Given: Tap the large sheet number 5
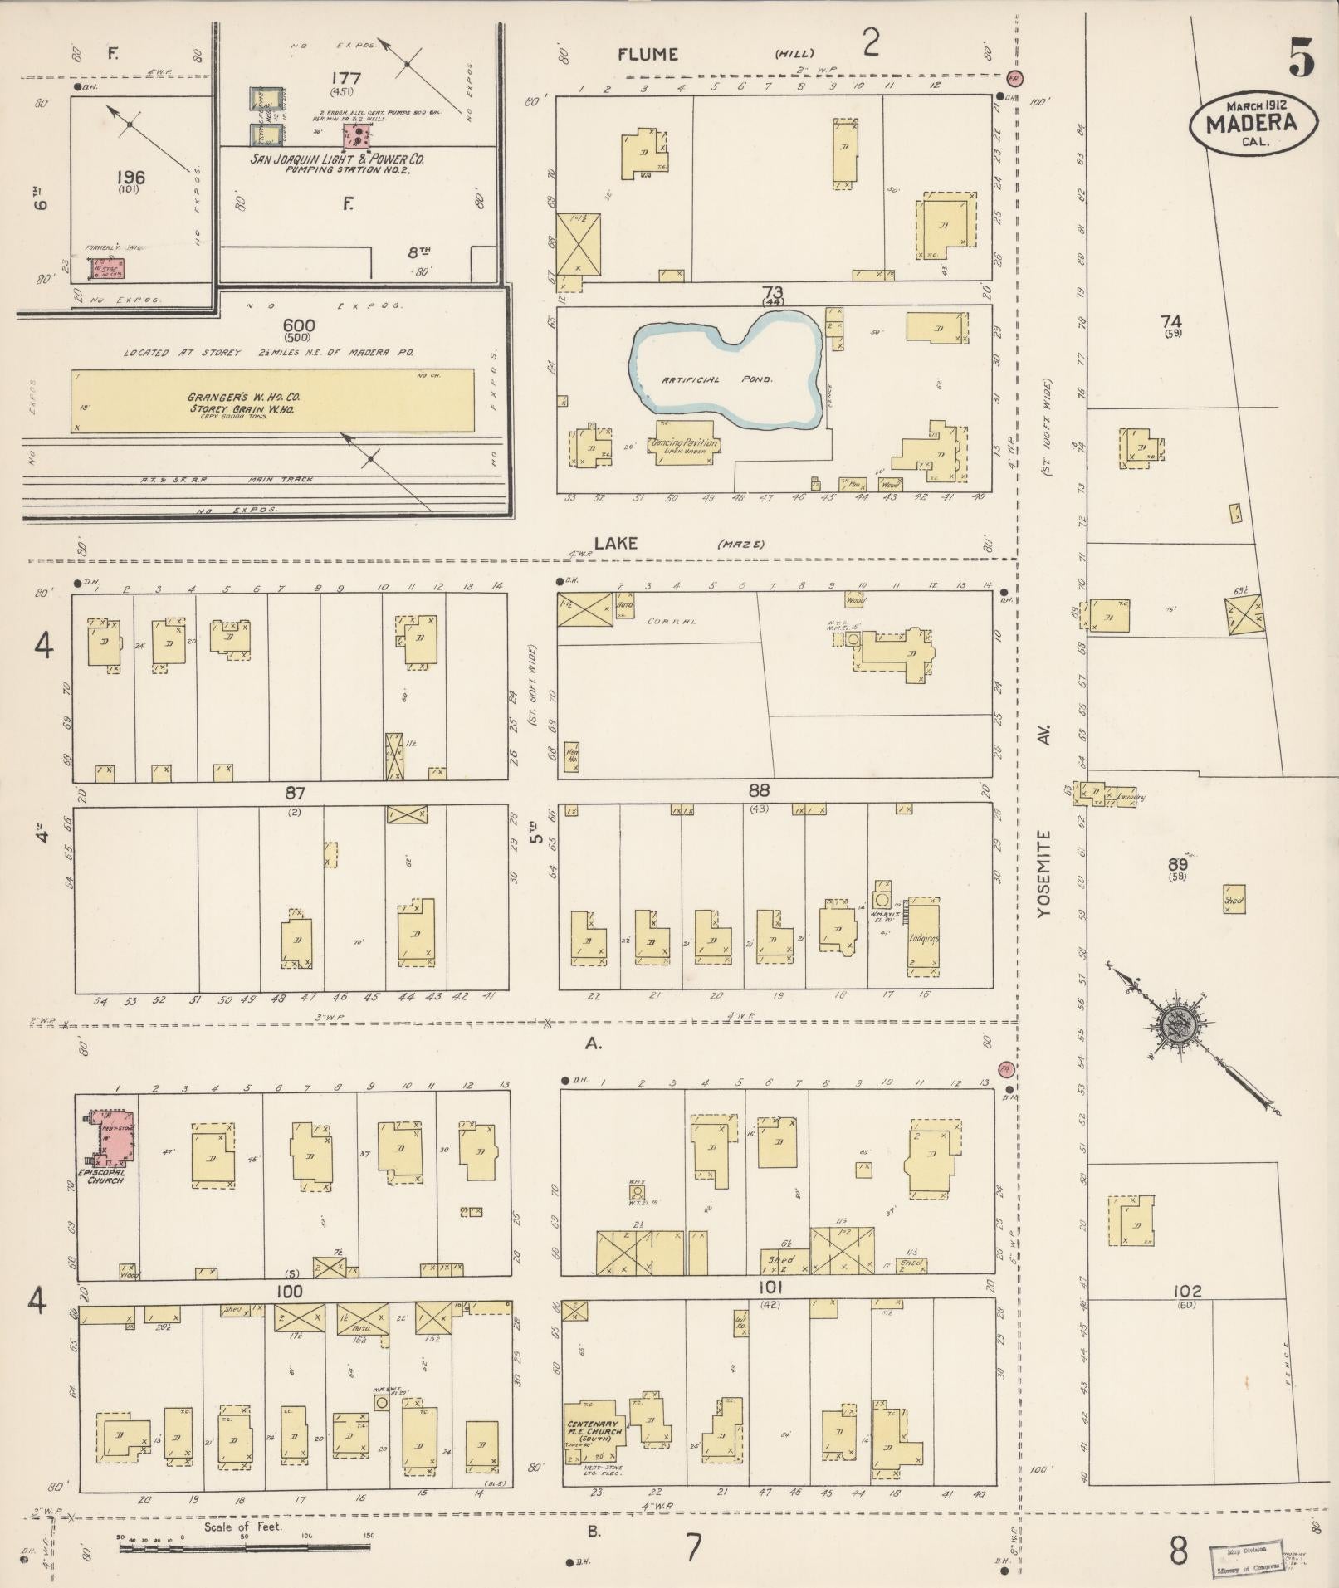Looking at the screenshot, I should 1302,58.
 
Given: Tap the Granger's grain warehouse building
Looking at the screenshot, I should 272,402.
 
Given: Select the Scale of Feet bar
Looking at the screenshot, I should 244,1546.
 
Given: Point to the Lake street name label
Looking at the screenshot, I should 615,543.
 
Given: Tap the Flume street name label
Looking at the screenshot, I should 648,55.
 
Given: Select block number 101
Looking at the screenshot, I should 770,1288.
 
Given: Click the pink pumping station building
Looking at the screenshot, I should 358,136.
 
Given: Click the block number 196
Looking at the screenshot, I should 130,177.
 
